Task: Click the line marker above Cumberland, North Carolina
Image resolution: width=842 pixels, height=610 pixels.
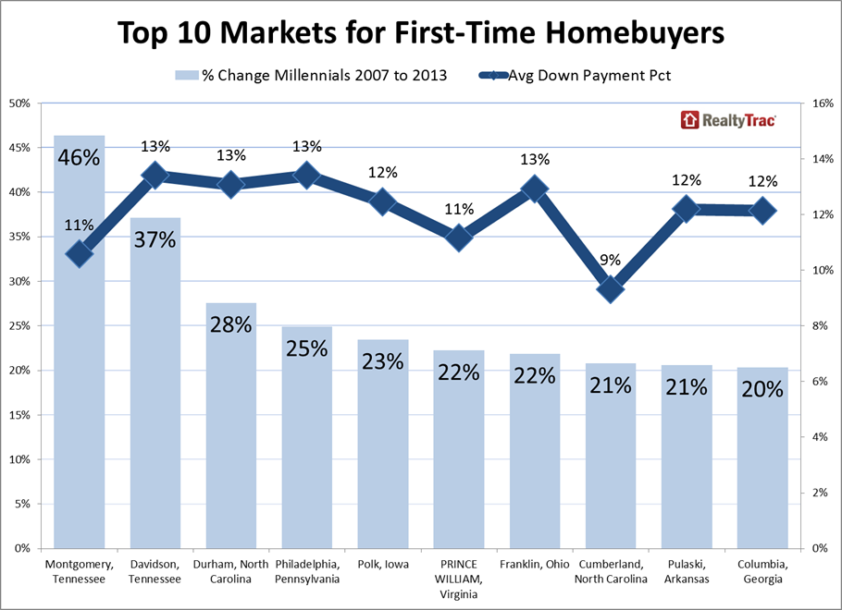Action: click(x=611, y=288)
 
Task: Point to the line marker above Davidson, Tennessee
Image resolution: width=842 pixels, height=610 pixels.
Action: click(x=155, y=175)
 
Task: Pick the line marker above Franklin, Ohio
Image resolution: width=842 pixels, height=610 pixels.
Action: click(x=535, y=189)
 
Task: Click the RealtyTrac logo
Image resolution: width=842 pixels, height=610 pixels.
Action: click(x=728, y=120)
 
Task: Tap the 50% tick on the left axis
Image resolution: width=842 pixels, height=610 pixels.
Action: click(x=20, y=104)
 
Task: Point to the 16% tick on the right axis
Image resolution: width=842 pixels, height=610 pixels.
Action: click(x=822, y=104)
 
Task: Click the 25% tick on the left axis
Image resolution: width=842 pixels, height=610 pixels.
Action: click(x=20, y=326)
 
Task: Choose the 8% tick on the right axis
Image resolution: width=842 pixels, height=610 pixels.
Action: click(x=820, y=326)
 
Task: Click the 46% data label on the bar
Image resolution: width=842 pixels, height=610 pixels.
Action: click(x=79, y=157)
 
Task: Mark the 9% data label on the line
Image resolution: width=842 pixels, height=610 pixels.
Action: click(x=611, y=260)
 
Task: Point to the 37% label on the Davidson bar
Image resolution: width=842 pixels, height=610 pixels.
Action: click(x=155, y=239)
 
